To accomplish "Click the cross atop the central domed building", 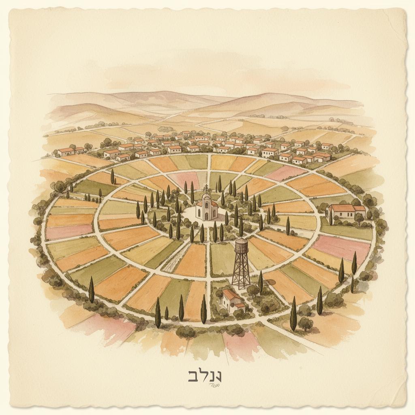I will coord(206,188).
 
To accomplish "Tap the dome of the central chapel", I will coord(206,197).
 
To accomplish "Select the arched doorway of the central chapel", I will coord(206,215).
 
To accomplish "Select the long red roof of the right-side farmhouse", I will coord(342,208).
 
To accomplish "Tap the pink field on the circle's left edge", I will coord(69,231).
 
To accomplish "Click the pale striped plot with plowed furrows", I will coord(174,260).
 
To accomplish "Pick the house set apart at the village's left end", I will coord(66,151).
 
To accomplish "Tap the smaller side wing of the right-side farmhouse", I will coord(359,210).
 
